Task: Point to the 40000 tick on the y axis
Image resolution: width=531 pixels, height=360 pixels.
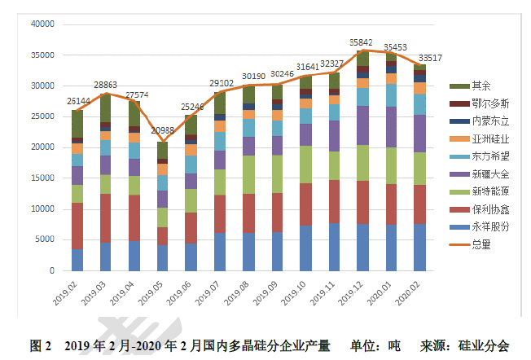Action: pyautogui.click(x=41, y=24)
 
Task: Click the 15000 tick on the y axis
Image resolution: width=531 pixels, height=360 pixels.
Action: pyautogui.click(x=41, y=178)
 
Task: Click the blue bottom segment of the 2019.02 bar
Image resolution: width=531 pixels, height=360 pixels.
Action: pyautogui.click(x=77, y=260)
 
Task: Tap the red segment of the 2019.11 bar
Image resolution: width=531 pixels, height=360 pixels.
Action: pyautogui.click(x=334, y=201)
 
